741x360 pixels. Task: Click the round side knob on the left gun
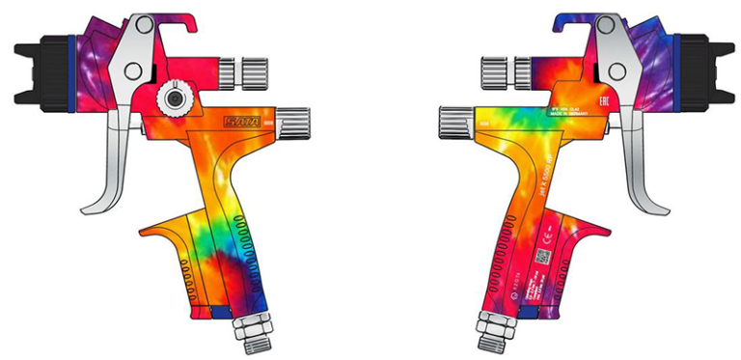175,97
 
